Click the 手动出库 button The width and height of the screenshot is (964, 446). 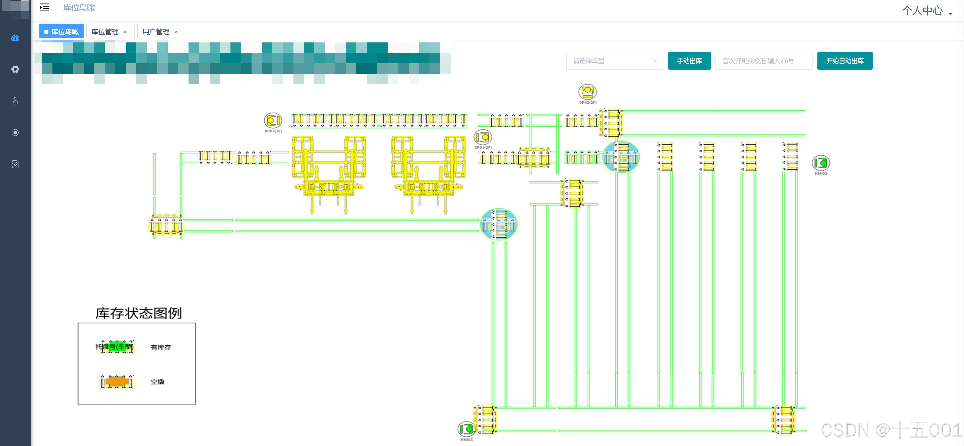tap(689, 61)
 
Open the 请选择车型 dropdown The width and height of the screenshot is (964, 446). tap(614, 61)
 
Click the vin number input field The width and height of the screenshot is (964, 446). tap(763, 61)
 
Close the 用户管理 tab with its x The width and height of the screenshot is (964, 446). tap(176, 32)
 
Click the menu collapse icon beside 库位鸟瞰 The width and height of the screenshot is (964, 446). tap(44, 8)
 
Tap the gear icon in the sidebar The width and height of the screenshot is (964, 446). tap(15, 69)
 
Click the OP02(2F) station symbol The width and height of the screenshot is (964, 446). tap(587, 92)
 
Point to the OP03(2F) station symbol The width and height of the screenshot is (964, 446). tap(273, 121)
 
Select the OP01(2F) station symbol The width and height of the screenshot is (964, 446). tap(483, 137)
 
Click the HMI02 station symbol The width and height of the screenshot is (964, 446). tap(821, 163)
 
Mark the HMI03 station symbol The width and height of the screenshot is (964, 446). tap(466, 429)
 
